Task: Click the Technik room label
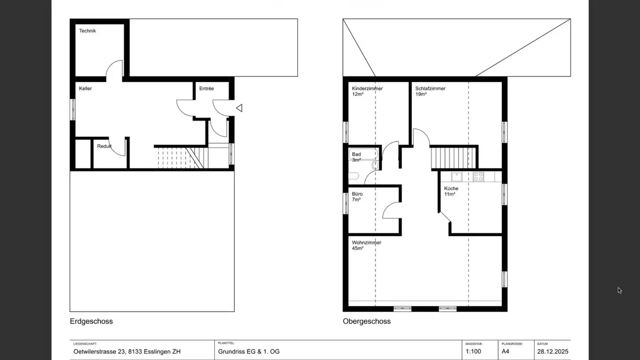(88, 31)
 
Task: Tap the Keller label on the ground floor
(85, 88)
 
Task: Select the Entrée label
(206, 88)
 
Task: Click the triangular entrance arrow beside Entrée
(239, 108)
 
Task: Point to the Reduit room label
(104, 146)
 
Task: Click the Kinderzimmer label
(367, 88)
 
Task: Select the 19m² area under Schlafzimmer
(420, 94)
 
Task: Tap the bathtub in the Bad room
(364, 154)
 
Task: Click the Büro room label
(357, 194)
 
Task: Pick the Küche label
(451, 188)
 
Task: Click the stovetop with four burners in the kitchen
(478, 176)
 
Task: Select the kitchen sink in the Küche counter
(456, 176)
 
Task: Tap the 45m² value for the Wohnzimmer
(357, 248)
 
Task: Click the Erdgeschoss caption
(91, 321)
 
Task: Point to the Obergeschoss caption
(367, 321)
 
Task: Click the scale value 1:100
(473, 352)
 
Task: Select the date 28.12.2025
(552, 352)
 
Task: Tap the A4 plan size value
(506, 352)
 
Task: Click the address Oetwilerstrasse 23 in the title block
(100, 352)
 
